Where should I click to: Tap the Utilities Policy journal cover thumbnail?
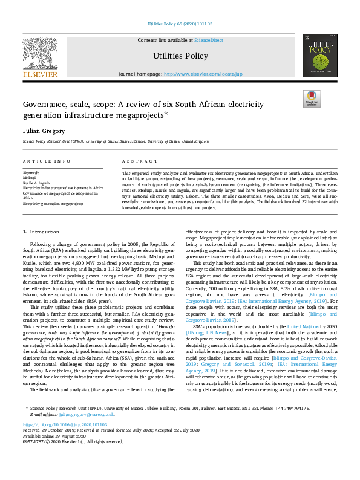(x=319, y=56)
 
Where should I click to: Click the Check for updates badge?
(x=312, y=99)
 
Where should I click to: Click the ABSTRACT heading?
(x=136, y=161)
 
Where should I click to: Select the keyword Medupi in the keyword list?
(x=30, y=178)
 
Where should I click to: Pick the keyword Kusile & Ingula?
(x=36, y=183)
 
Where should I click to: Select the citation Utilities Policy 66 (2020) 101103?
(x=180, y=24)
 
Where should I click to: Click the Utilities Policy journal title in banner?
(x=179, y=56)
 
